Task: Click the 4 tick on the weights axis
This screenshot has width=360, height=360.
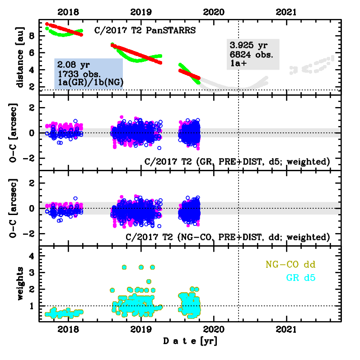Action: [x=32, y=256]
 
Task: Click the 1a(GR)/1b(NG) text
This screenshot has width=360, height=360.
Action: [x=88, y=82]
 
